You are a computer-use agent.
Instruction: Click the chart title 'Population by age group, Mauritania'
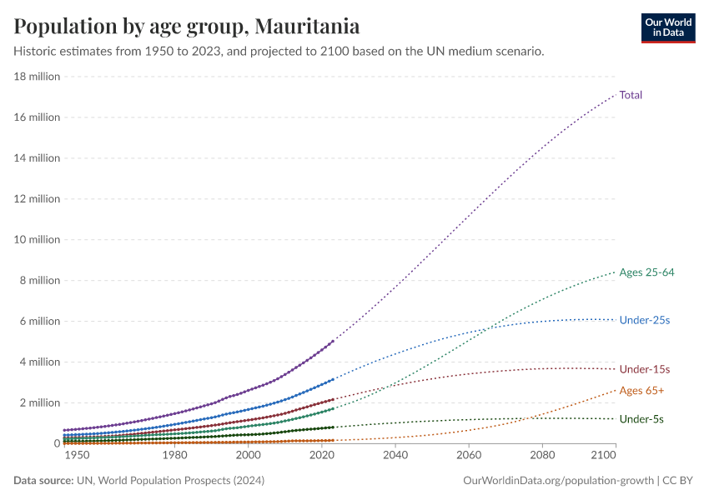(x=187, y=27)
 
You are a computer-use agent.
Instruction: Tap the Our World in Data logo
(x=667, y=27)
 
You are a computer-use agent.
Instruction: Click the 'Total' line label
(x=631, y=95)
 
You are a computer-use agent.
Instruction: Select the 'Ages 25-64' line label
(x=646, y=272)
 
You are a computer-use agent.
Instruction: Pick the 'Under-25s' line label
(x=645, y=320)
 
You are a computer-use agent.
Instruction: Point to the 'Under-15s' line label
(x=645, y=369)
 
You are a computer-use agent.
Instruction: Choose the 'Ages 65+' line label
(x=641, y=391)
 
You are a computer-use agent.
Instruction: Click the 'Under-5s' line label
(x=641, y=419)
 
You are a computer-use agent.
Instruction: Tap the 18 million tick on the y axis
(x=37, y=77)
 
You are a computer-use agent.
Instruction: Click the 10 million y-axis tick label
(x=37, y=240)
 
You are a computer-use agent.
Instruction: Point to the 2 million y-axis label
(x=40, y=403)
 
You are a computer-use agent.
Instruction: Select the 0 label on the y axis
(x=56, y=444)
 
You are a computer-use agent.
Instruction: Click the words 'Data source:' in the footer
(x=43, y=481)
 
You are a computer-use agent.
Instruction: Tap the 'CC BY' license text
(x=679, y=481)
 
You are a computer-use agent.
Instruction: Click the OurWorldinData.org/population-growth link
(x=557, y=481)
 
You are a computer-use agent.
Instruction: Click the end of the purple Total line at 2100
(x=616, y=93)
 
